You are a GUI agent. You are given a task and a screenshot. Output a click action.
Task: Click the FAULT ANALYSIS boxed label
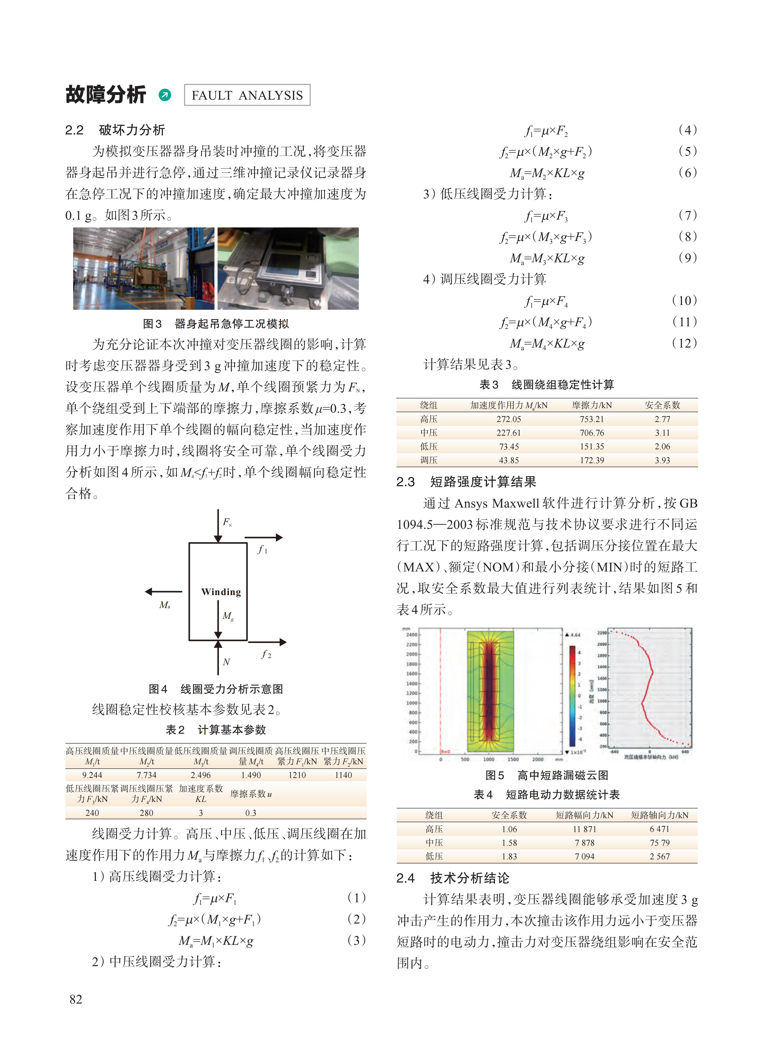click(x=247, y=95)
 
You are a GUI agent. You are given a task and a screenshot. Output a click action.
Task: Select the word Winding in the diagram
click(x=221, y=592)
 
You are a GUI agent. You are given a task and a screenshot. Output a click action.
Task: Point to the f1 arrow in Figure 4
click(x=263, y=538)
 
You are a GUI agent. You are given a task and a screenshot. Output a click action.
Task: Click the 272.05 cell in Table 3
click(x=509, y=419)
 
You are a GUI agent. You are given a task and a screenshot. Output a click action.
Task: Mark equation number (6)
click(x=687, y=173)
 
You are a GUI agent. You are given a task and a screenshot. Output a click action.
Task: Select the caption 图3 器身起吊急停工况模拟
click(x=216, y=324)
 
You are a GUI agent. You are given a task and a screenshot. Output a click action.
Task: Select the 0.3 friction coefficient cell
click(x=250, y=813)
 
